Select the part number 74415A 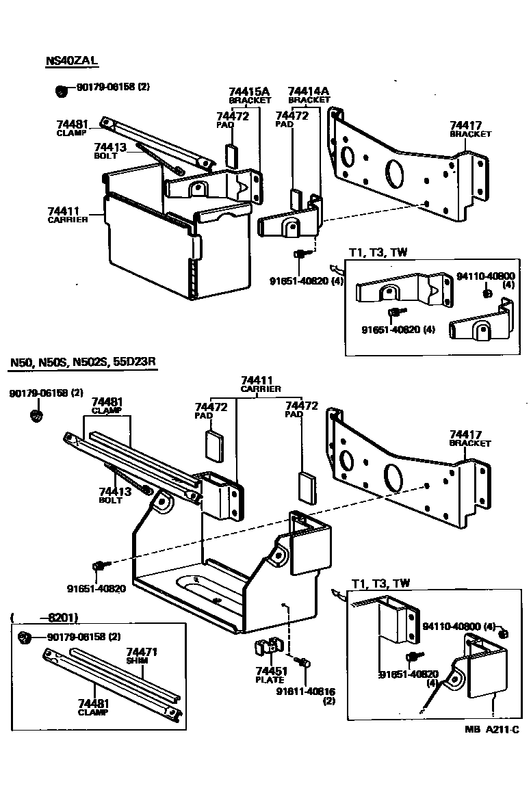click(249, 91)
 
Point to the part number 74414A click(309, 91)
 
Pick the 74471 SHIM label click(140, 657)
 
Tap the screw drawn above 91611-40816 click(302, 661)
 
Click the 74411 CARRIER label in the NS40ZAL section click(67, 215)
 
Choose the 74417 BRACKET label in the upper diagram click(470, 129)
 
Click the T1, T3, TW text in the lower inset click(380, 583)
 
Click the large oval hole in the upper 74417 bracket click(396, 172)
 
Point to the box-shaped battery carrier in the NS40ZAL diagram click(147, 239)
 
